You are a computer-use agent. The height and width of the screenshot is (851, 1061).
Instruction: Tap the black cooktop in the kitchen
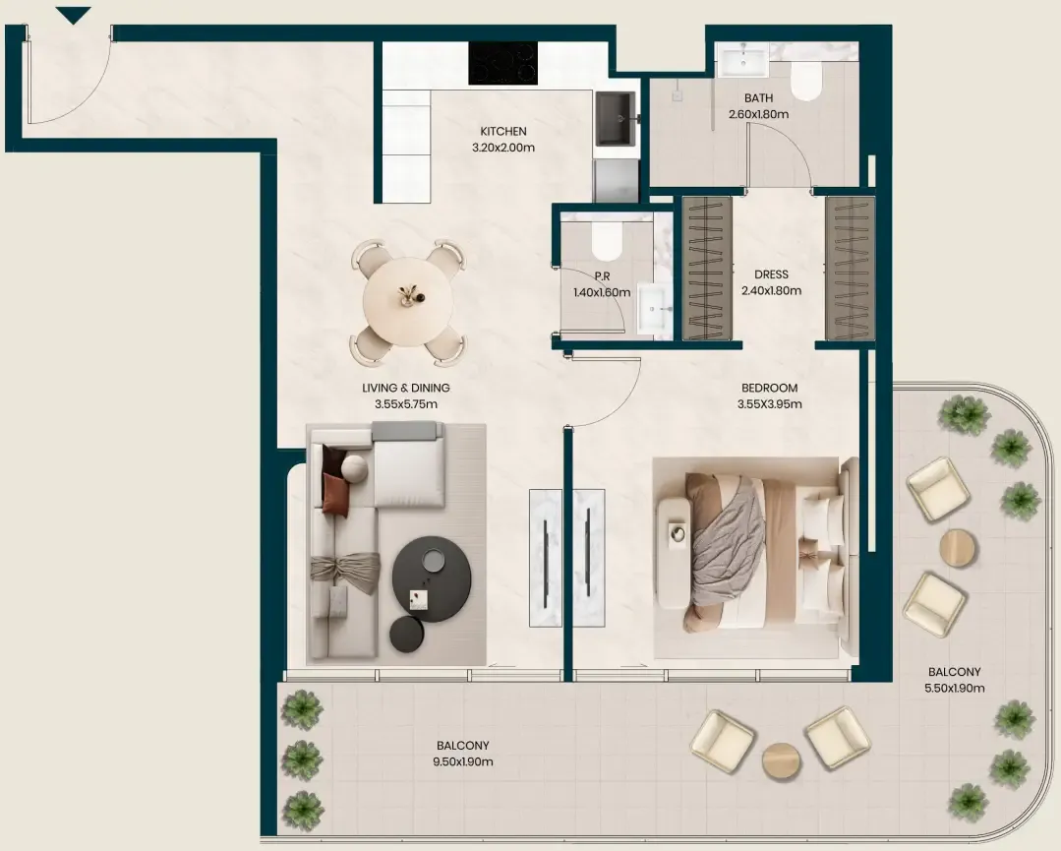(502, 63)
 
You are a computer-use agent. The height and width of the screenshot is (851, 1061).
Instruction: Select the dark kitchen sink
(616, 119)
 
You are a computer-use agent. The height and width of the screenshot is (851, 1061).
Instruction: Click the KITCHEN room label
(503, 132)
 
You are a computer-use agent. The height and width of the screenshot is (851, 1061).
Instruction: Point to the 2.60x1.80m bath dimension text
(758, 114)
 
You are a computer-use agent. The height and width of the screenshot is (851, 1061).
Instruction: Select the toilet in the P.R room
(607, 240)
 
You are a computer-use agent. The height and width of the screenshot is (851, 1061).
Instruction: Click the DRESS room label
(771, 274)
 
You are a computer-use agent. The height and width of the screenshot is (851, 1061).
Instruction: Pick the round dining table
(408, 301)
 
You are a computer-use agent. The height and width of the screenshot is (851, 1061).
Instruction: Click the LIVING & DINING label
(406, 388)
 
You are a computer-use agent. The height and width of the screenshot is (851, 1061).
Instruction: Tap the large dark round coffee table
(432, 578)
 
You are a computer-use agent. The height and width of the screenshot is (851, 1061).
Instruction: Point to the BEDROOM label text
(769, 388)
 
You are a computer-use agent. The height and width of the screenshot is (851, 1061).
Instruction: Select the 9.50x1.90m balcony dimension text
(463, 761)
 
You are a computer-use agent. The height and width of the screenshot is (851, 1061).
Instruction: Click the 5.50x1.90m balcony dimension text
(954, 689)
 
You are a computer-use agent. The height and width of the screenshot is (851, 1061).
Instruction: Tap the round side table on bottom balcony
(781, 761)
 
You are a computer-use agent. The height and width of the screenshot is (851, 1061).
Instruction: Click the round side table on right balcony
(958, 547)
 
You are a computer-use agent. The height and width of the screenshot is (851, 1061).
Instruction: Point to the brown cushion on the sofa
(335, 494)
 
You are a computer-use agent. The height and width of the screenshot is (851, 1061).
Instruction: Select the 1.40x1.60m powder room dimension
(602, 292)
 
